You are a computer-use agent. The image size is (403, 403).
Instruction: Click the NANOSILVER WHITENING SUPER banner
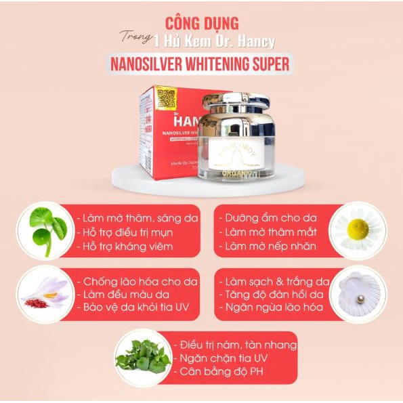coord(201,64)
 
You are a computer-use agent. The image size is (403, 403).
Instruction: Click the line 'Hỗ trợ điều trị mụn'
coord(126,232)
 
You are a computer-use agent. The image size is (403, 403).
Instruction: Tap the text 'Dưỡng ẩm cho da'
coord(265,218)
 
